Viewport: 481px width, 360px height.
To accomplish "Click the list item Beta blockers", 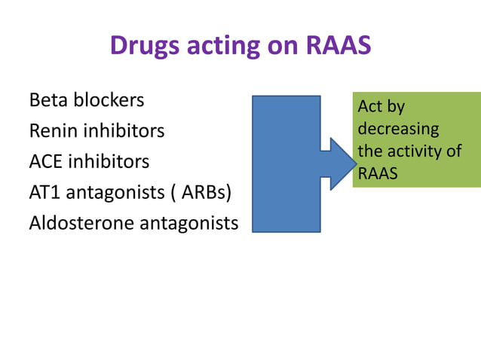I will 86,99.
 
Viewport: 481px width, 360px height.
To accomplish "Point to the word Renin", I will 53,131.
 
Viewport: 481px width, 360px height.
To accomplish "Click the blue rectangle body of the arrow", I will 286,163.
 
